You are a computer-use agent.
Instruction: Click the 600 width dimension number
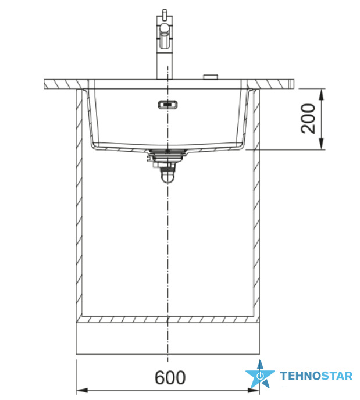[x=170, y=377]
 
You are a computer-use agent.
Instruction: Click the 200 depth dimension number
[x=308, y=119]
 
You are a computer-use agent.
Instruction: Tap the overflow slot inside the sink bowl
[x=167, y=105]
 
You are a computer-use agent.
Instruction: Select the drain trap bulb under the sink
[x=167, y=177]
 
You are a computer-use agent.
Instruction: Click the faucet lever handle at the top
[x=165, y=14]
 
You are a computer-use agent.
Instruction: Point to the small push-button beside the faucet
[x=210, y=77]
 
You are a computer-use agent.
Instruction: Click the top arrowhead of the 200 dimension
[x=322, y=94]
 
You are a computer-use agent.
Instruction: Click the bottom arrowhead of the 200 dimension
[x=322, y=144]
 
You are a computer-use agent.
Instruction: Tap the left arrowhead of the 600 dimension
[x=82, y=390]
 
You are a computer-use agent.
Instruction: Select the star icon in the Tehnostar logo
[x=260, y=374]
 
